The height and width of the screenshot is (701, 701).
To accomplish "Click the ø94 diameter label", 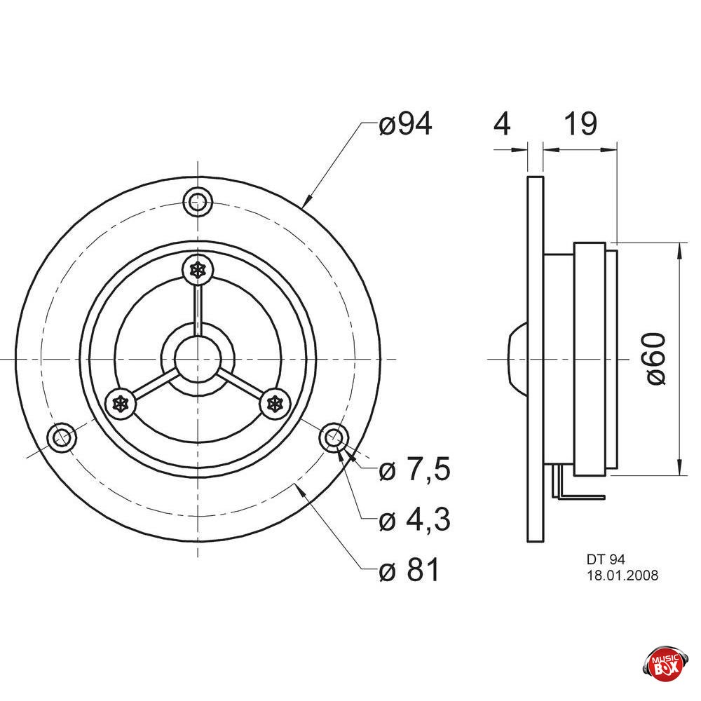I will click(x=405, y=125).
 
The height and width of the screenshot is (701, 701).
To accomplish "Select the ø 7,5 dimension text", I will click(x=414, y=470).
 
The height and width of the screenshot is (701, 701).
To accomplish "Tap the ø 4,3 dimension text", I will click(x=414, y=520).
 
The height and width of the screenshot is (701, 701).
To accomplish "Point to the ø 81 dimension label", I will click(x=409, y=571).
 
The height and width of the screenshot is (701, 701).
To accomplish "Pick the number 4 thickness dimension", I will click(x=502, y=124).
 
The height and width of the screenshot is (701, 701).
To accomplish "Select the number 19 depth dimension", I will click(x=580, y=124).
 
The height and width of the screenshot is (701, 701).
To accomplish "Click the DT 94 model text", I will click(x=605, y=560).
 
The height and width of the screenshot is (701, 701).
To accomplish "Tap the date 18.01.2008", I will click(x=622, y=576).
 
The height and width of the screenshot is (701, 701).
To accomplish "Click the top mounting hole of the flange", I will click(x=198, y=203).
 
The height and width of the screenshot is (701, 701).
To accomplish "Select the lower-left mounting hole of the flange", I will click(x=62, y=437).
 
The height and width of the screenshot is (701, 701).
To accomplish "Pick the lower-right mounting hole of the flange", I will click(x=333, y=437).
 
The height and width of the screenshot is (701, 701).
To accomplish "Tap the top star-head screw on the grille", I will click(x=198, y=269).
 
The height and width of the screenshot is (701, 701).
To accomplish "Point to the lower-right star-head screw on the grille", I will click(x=275, y=403).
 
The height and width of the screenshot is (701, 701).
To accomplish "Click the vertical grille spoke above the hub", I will click(x=198, y=305).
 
